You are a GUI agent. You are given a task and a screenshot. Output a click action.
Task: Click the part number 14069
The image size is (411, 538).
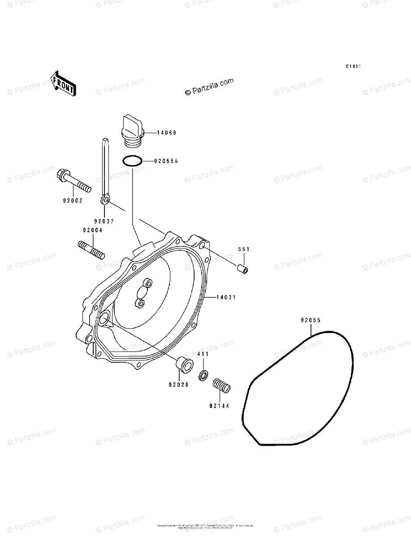click(x=166, y=133)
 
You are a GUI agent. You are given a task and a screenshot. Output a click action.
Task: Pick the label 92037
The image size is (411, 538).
click(x=104, y=221)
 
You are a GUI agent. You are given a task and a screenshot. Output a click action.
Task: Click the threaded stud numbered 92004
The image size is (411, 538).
click(x=91, y=249)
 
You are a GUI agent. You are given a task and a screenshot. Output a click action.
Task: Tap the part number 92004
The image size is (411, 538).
click(x=92, y=230)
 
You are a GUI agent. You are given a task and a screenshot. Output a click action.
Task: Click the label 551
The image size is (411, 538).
click(x=243, y=249)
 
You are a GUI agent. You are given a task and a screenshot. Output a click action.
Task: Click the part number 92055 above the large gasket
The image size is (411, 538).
click(x=311, y=320)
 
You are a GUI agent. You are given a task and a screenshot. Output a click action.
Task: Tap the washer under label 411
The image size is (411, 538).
click(x=203, y=375)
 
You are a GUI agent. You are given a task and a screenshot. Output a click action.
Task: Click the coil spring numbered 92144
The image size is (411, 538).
click(x=221, y=385)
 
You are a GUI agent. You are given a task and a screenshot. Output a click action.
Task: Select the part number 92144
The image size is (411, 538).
click(x=219, y=407)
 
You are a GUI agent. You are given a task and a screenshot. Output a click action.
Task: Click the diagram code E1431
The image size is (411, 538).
click(x=353, y=66)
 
